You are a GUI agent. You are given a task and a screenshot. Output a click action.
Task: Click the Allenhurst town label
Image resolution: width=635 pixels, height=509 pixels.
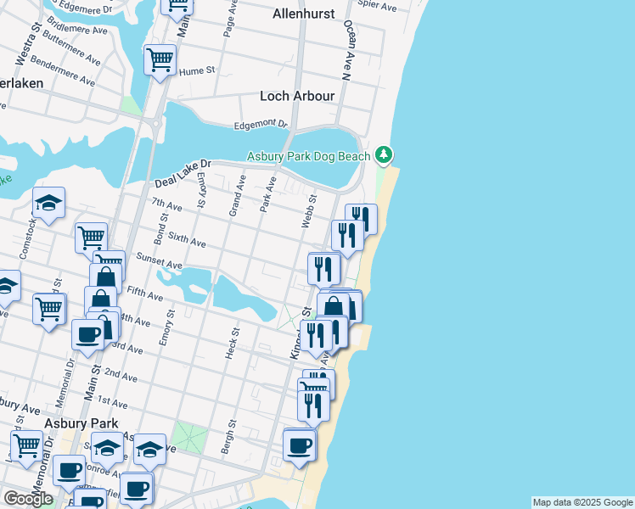[x=304, y=14]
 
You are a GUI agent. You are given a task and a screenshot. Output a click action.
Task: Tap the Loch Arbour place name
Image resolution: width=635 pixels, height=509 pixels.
[x=297, y=96]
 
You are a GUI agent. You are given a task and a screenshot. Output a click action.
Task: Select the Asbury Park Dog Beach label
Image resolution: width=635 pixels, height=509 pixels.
[x=309, y=156]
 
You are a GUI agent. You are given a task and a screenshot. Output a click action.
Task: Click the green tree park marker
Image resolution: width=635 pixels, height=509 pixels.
[x=385, y=154]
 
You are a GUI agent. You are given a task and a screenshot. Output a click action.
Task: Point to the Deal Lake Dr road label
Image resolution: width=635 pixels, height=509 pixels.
[x=181, y=176]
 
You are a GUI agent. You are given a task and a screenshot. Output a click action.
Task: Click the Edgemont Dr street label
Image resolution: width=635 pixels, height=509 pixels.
[x=261, y=124]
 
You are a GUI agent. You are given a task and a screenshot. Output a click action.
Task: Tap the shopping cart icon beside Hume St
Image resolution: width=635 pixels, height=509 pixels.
[x=160, y=60]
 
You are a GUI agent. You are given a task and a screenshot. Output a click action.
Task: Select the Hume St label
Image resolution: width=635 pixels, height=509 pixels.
[x=198, y=72]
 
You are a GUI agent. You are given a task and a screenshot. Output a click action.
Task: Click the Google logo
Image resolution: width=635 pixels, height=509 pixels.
[x=28, y=499]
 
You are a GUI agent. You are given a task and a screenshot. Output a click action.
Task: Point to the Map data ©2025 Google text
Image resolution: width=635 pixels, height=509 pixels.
[x=582, y=502]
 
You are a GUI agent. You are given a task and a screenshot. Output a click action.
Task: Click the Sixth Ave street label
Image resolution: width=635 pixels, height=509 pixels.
[x=187, y=242]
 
